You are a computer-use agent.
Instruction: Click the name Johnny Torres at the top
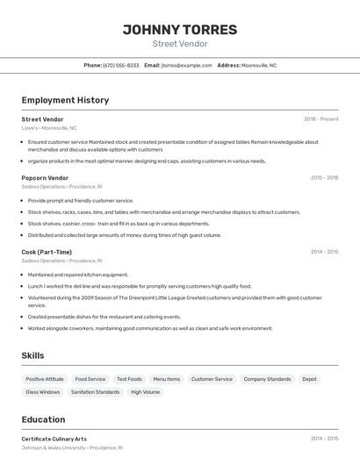coord(179,30)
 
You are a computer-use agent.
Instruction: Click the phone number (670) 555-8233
coord(121,65)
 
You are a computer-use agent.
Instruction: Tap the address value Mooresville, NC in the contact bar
coord(259,65)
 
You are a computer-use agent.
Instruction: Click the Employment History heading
coord(65,100)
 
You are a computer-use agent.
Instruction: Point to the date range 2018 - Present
coord(320,119)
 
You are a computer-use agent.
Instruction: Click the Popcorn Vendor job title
coord(45,177)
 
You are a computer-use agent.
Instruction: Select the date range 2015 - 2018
coord(324,177)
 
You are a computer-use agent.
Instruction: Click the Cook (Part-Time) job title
coord(47,252)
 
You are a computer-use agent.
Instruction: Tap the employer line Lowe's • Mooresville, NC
coord(49,128)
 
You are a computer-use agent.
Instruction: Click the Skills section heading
coord(32,355)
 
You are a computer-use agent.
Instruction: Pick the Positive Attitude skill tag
coord(45,379)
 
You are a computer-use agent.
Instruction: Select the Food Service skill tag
coord(90,379)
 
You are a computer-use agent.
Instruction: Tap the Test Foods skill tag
coord(129,379)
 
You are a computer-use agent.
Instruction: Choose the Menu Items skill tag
coord(167,379)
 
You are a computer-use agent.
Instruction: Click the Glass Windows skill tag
coord(43,392)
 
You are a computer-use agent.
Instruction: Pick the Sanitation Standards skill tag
coord(95,392)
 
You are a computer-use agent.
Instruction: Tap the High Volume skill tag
coord(145,392)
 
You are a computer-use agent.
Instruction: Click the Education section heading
coord(43,419)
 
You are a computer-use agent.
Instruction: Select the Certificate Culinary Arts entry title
coord(54,439)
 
